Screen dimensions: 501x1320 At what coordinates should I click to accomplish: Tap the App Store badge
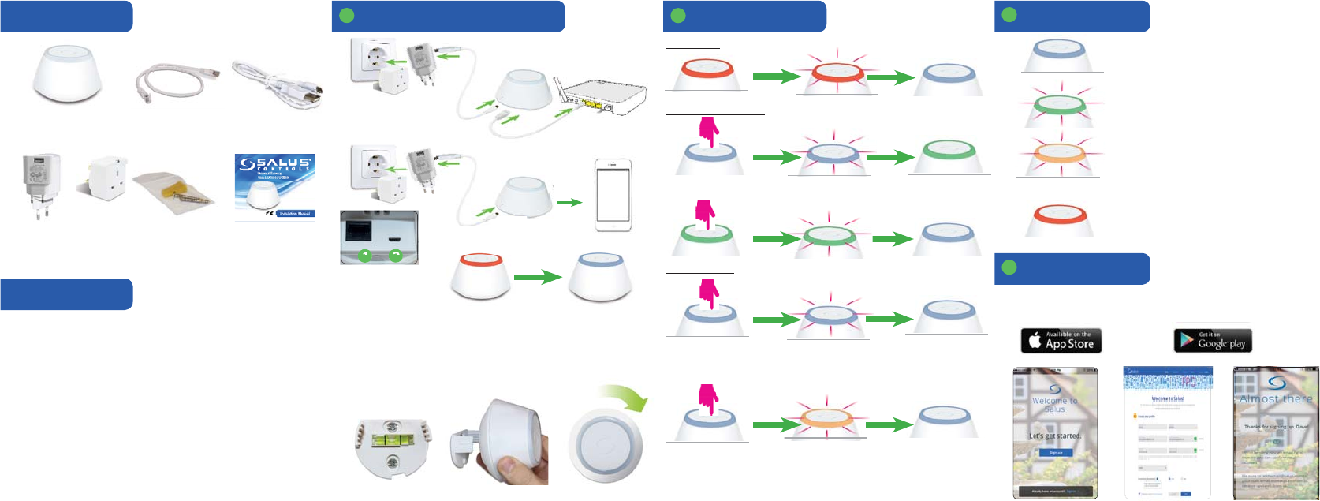[1061, 341]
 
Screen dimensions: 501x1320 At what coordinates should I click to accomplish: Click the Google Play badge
[1213, 340]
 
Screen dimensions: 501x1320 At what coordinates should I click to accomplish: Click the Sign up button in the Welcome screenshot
[1055, 453]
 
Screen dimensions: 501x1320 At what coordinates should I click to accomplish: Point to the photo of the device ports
[378, 237]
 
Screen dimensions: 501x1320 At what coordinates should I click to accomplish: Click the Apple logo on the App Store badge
[1035, 341]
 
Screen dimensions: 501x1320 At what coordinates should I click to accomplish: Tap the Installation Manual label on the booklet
[296, 213]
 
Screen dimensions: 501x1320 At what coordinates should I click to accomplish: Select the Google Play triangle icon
[1186, 341]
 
